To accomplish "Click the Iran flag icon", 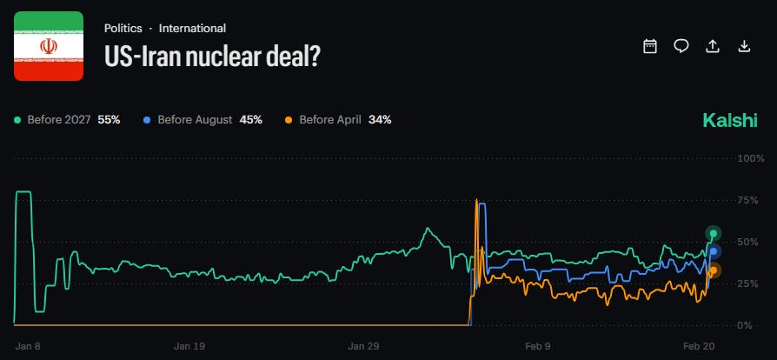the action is (49, 46).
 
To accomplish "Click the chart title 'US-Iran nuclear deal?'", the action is (213, 56).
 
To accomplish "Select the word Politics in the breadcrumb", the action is (123, 29).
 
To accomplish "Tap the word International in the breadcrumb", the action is (192, 29).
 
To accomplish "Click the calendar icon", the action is (649, 46).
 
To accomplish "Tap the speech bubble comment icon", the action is (681, 46).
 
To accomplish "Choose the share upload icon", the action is (713, 46).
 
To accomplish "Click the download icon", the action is (744, 46).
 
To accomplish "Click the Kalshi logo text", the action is (730, 120).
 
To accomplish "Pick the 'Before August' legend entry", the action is (203, 120).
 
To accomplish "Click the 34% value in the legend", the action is (380, 120).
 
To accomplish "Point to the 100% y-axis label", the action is (751, 158).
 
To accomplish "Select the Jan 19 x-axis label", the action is (189, 346).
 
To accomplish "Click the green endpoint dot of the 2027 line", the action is (714, 234).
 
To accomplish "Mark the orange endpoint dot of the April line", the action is (714, 270).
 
